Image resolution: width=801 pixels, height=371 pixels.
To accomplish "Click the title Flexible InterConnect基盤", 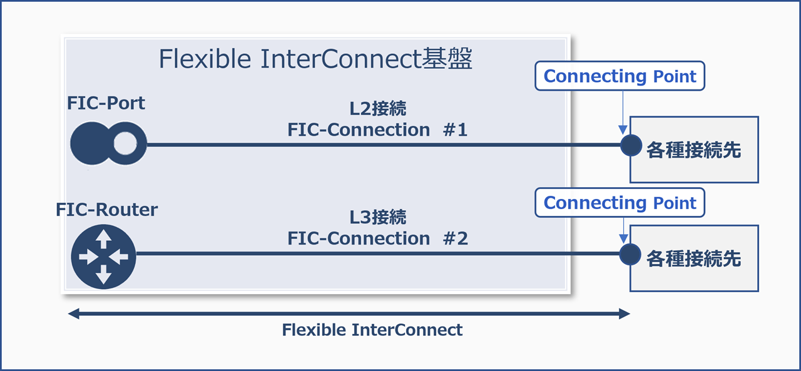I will (315, 59).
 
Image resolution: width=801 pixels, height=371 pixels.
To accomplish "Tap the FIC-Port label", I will (106, 103).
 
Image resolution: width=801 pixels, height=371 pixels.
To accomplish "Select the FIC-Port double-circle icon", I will (108, 145).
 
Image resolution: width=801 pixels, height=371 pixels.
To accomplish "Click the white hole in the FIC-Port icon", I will (125, 145).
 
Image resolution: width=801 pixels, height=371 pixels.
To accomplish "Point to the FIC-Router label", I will (106, 210).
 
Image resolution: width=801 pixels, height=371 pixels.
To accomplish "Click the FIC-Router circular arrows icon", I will (103, 257).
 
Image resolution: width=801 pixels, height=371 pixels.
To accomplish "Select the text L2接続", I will (377, 109).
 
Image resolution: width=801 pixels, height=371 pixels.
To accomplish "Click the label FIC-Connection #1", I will (377, 130).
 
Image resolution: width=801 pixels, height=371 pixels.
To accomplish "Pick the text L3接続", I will (377, 217).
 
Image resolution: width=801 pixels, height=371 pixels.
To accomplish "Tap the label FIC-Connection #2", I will (377, 238).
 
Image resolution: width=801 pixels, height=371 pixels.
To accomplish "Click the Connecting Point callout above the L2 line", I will (620, 76).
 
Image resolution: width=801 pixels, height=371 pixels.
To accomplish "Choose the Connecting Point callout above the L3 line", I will (620, 203).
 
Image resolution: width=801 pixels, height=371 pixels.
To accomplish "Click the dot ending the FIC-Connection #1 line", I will (631, 145).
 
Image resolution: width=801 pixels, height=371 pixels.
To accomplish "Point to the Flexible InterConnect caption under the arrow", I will (372, 330).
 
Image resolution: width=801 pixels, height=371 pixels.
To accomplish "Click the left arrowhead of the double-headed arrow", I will (74, 313).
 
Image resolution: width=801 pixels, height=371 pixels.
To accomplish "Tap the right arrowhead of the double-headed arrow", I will (624, 313).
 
